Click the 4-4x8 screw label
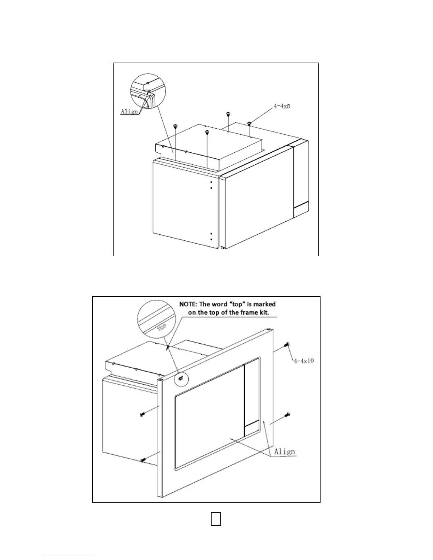point(282,106)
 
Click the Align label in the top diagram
point(129,112)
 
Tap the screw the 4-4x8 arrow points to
point(249,123)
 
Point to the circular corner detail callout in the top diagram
point(148,91)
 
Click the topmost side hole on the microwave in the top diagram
point(211,182)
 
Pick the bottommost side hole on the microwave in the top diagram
point(211,239)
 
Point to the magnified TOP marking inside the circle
point(162,328)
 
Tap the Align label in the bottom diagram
point(284,451)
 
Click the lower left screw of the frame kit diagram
point(143,460)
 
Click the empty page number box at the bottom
point(216,519)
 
